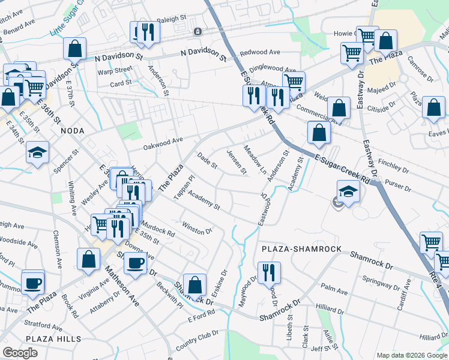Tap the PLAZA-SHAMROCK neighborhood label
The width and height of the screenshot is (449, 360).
coord(301,248)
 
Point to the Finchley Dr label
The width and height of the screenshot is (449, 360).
coord(394,162)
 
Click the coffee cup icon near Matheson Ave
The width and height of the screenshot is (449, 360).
coord(136,262)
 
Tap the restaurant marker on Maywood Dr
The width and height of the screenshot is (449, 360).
coord(269,272)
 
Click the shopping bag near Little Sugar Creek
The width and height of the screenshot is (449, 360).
coord(74,48)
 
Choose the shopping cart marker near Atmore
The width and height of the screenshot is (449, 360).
coord(294,82)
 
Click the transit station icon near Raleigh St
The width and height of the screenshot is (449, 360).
coord(197,31)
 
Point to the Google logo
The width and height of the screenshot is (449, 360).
coord(20,353)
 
